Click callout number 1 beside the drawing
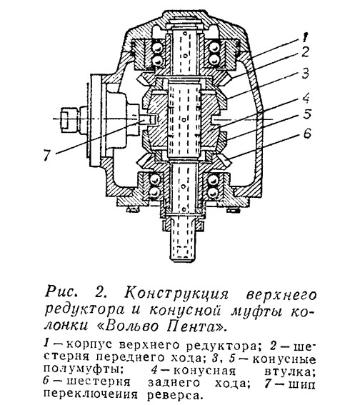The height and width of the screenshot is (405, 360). click(x=306, y=36)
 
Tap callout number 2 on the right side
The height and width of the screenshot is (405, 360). click(x=306, y=51)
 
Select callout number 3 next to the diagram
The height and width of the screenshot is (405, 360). click(x=306, y=74)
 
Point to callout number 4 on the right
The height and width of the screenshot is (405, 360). click(x=306, y=98)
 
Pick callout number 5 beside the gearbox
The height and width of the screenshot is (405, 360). click(x=307, y=114)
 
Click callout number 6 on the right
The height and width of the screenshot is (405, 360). click(x=306, y=134)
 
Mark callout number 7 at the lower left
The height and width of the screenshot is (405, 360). click(x=46, y=156)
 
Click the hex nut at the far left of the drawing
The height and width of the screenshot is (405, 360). click(x=64, y=119)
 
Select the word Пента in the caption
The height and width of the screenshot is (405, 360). click(x=196, y=326)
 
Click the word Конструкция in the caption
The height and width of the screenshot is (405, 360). click(x=176, y=295)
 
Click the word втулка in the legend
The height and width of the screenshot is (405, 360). click(x=290, y=371)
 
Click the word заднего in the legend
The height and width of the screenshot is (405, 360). click(x=174, y=383)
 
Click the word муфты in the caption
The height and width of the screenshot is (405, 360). click(x=259, y=311)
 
